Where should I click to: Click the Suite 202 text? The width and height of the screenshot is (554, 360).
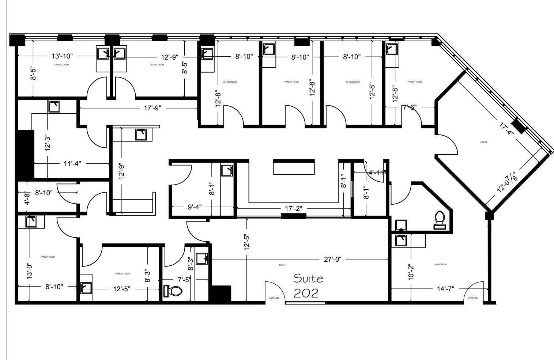coord(309,285)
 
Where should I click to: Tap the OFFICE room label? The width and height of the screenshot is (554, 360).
coord(484,142)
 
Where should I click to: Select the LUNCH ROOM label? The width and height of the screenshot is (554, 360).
coord(440,264)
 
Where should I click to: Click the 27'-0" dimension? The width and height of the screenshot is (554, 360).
coord(332,259)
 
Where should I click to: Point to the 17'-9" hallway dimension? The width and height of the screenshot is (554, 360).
coord(152,108)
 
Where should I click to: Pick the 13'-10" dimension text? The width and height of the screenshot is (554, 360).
coord(62,56)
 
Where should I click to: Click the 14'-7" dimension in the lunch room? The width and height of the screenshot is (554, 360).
coord(445,289)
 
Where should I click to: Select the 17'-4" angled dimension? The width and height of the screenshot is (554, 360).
coord(506,128)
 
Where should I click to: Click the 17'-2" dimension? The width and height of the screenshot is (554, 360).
coord(293,208)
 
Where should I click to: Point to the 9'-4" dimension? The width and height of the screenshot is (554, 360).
coord(195,207)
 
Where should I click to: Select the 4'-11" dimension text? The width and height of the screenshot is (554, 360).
coord(377,173)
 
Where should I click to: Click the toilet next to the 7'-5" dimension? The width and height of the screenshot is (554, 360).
coord(173,291)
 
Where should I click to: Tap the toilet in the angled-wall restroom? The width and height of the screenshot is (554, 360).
coord(440,220)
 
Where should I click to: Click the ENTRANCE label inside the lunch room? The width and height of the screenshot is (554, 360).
coord(472,298)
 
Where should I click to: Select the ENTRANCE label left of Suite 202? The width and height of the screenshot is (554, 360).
coord(274,298)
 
